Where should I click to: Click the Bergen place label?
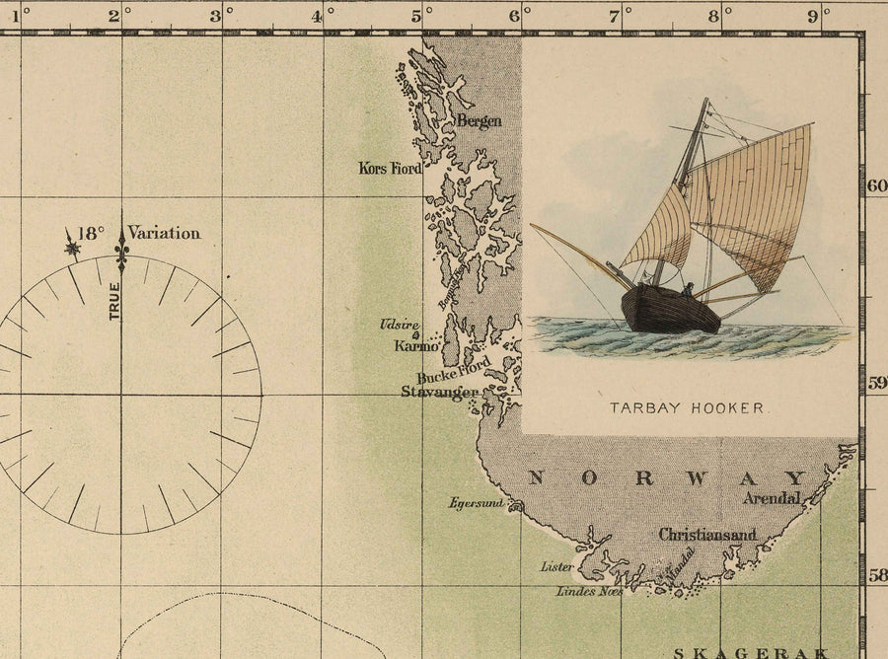[x=479, y=121]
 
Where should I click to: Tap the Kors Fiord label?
[x=390, y=169]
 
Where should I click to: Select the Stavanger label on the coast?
[x=439, y=392]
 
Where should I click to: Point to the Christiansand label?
[x=707, y=535]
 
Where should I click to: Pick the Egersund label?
[x=476, y=503]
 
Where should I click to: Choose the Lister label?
[x=556, y=567]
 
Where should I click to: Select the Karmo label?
[x=415, y=346]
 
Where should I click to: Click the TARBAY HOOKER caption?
[x=689, y=406]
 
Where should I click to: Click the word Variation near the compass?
[x=164, y=234]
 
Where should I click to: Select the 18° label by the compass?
[x=90, y=234]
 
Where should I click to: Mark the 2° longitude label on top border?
[x=115, y=16]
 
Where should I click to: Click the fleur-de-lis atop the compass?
[x=122, y=250]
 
